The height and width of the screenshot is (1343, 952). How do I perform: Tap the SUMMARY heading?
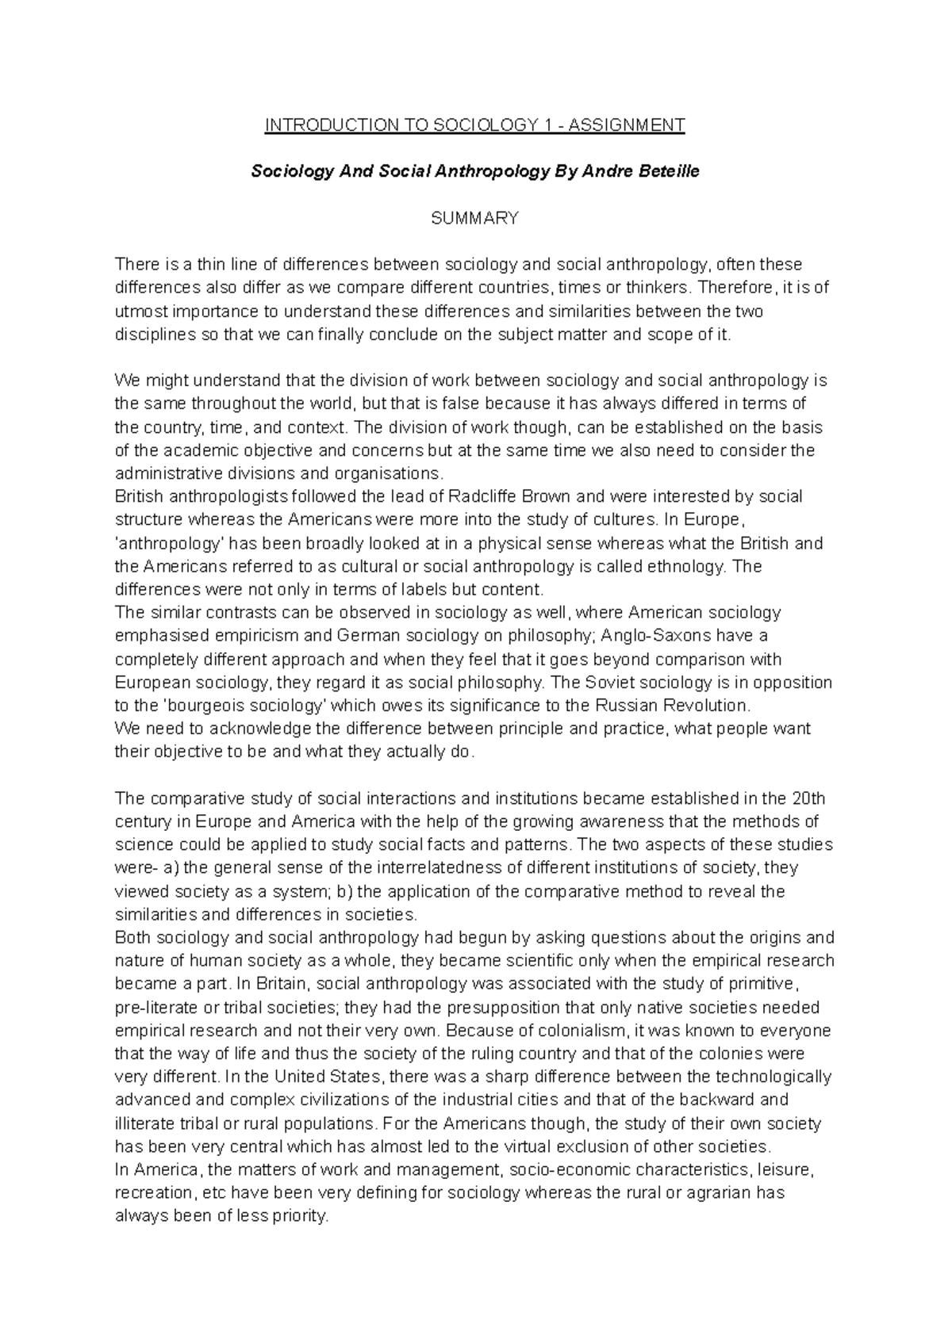point(474,218)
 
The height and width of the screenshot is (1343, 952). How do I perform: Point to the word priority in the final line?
point(299,1216)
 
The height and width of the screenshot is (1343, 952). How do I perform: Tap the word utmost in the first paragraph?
point(139,311)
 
